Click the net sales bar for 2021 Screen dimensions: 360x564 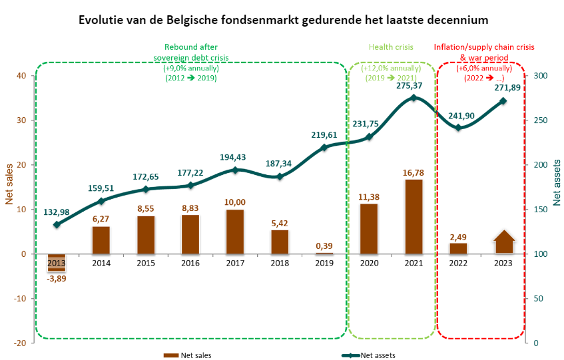click(414, 216)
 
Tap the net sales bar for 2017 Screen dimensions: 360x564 click(235, 232)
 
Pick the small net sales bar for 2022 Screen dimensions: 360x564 click(458, 248)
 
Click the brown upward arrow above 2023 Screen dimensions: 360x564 click(504, 242)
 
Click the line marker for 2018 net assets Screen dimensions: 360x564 click(280, 176)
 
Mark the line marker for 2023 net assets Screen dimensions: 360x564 click(503, 101)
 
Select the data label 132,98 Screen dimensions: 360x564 click(57, 212)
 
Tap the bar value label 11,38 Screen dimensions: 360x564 click(368, 196)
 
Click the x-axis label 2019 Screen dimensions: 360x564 click(324, 263)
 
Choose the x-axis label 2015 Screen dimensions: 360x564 click(146, 263)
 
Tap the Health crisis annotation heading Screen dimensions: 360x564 click(392, 47)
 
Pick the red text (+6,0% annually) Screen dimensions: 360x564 click(484, 68)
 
